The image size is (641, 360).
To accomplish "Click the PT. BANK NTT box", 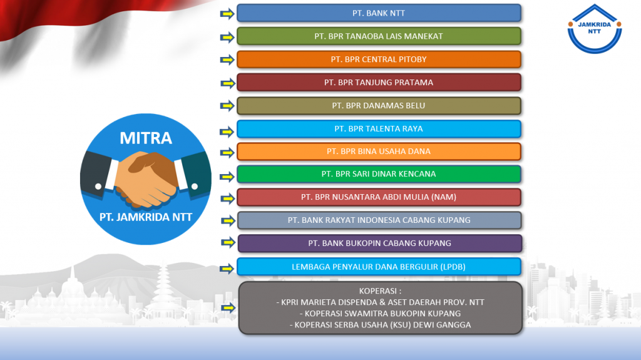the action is pos(379,13).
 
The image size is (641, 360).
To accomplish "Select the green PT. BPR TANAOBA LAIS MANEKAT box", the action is pos(379,36).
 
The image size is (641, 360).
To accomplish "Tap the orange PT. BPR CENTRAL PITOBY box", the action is pos(379,59).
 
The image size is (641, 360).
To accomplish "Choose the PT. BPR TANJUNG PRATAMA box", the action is pos(379,82).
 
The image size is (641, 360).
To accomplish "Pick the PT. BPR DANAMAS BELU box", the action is pos(379,106).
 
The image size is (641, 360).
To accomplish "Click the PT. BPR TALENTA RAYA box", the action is pos(379,129).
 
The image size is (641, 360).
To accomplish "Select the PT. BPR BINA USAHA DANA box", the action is pos(379,152).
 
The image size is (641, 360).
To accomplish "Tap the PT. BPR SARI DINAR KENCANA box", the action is pos(379,174).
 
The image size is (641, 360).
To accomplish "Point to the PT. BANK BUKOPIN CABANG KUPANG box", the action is pos(380,244).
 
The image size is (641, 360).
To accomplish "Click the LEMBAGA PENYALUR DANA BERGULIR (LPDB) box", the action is pos(379,267).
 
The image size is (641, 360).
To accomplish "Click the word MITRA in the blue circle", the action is pos(146,138).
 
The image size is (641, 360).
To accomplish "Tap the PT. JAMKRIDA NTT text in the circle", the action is pos(146,217).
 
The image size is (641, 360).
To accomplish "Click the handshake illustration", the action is pos(145,178).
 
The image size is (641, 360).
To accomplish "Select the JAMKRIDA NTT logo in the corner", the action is pos(595,29).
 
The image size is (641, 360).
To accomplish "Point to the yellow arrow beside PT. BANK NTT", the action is pos(227,14).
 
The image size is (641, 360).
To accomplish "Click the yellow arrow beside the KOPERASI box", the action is pos(228,307).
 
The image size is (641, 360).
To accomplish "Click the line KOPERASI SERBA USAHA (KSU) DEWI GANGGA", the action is pos(380,325).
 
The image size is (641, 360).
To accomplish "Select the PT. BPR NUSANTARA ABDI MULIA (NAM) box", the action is pos(379,197).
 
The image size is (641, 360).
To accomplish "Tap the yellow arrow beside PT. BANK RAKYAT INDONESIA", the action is pos(228,221).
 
